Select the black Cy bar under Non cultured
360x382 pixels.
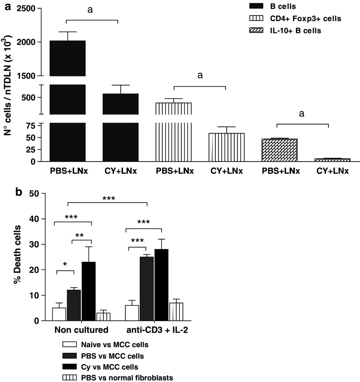pyautogui.click(x=89, y=291)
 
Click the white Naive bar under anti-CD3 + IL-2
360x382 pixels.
pyautogui.click(x=132, y=313)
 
